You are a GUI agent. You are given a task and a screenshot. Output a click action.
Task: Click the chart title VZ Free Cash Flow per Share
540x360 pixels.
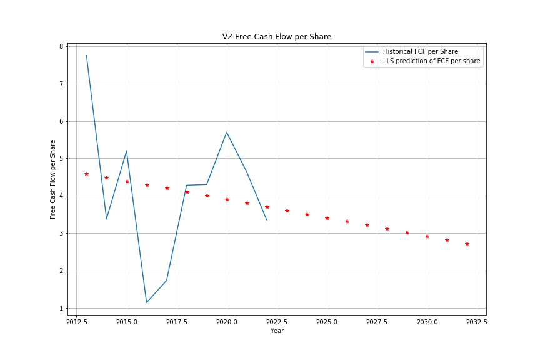(277, 37)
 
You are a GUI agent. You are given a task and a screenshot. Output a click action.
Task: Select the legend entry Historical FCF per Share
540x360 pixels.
(420, 51)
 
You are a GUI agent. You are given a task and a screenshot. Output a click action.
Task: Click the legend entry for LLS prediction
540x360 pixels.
(431, 61)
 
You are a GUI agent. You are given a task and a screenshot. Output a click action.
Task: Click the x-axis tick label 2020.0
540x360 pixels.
(227, 322)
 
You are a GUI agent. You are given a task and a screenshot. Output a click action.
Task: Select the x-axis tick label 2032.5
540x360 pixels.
(477, 322)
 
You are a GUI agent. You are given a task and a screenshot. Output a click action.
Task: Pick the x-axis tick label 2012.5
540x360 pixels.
(76, 322)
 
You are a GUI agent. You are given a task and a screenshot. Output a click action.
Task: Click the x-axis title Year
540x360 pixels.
(277, 331)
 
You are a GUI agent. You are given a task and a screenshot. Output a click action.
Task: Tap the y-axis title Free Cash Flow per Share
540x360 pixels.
(53, 179)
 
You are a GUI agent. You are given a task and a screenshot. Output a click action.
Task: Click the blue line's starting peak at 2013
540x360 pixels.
(86, 56)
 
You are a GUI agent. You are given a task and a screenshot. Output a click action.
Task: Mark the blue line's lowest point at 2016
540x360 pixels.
(147, 302)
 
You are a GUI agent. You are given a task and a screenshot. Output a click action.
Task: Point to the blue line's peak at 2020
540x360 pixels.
(227, 132)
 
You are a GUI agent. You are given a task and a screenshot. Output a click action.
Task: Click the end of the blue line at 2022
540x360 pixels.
(267, 220)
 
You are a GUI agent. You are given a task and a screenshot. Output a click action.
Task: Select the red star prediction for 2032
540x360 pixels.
(467, 244)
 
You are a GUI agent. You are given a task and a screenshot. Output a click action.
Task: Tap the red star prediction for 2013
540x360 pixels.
(86, 174)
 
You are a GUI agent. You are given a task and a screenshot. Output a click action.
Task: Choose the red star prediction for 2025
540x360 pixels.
(327, 218)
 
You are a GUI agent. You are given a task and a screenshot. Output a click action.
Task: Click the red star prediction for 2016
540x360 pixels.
(147, 185)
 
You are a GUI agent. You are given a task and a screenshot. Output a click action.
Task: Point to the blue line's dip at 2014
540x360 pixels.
(106, 219)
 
